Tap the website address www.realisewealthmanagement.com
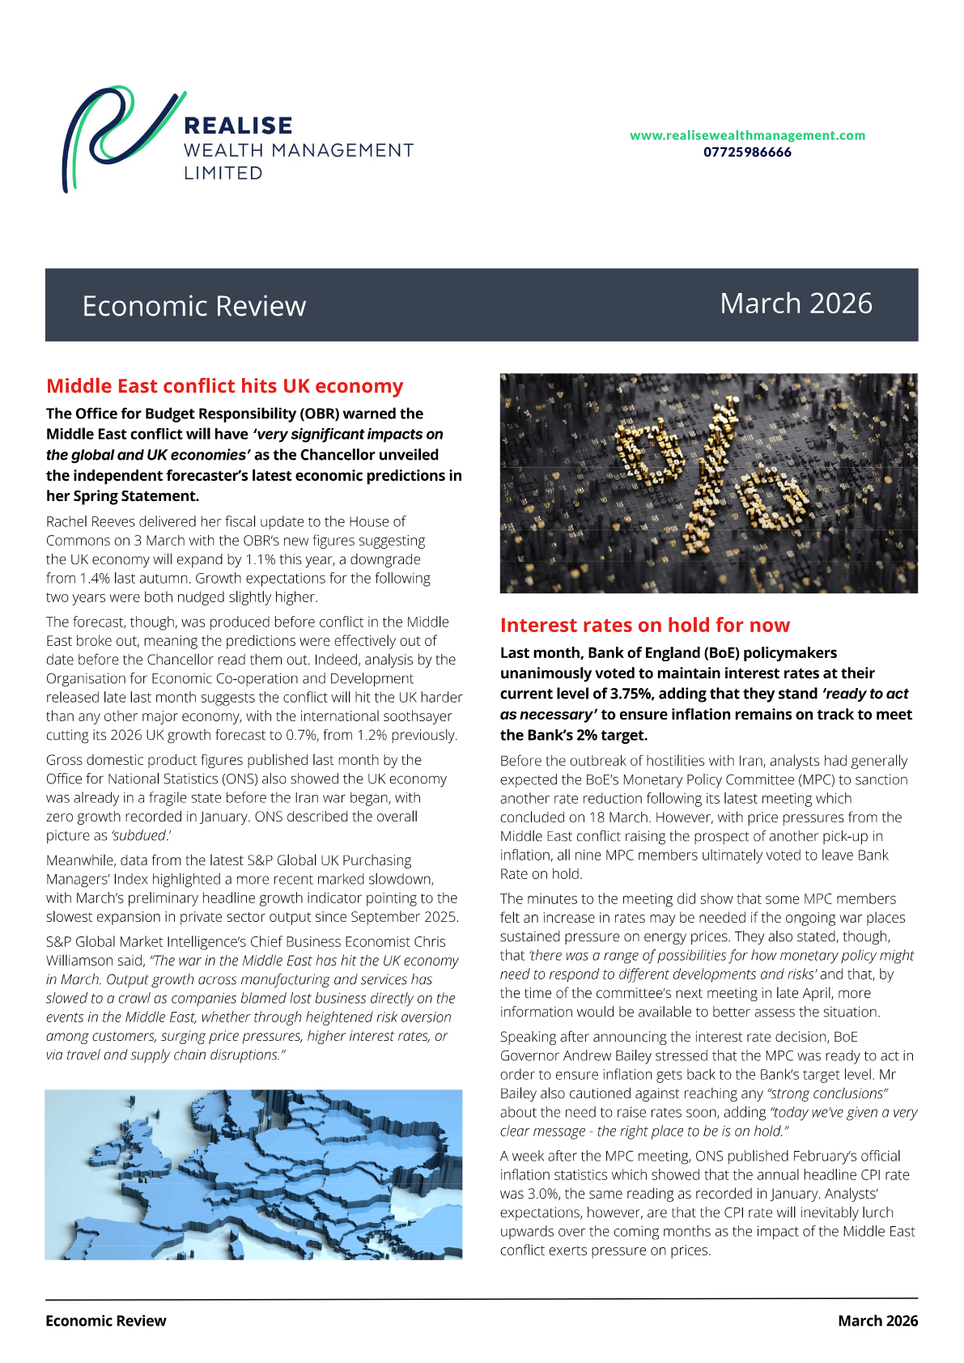747,135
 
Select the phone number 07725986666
747,152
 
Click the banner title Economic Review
194,306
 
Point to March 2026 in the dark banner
796,304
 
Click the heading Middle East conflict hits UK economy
224,386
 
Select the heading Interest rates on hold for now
644,625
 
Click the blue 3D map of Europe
253,1174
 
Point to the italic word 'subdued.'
141,835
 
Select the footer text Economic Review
106,1321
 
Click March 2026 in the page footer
877,1321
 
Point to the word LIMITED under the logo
223,173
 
